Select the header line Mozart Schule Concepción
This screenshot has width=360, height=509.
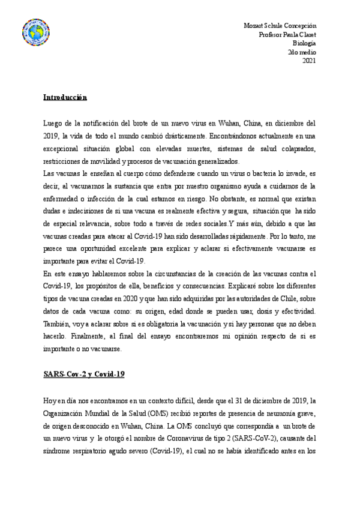coord(280,26)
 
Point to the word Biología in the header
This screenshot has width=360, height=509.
coord(304,43)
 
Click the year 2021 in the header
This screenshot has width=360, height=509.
coord(309,61)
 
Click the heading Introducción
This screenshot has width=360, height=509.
coord(65,97)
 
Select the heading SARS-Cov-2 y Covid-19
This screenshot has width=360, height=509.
coord(84,374)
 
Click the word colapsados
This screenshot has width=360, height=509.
coord(295,148)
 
